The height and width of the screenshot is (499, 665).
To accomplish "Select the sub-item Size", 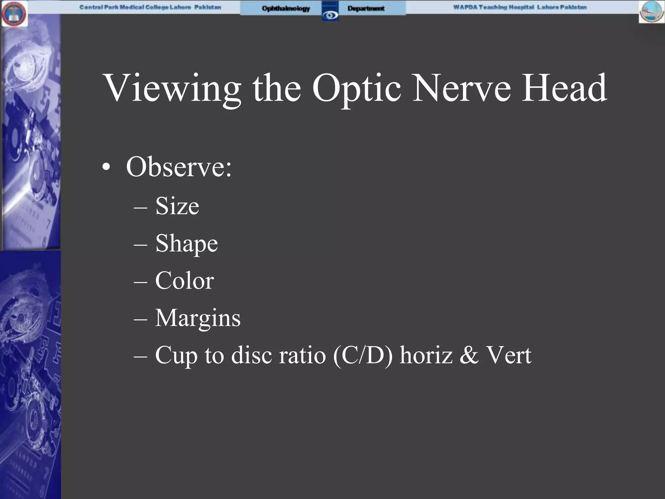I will (x=177, y=206).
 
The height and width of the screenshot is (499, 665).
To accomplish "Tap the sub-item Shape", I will (x=186, y=244).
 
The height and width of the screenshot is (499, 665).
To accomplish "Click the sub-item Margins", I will (x=198, y=318).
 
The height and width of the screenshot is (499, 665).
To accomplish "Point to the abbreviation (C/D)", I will (x=363, y=355).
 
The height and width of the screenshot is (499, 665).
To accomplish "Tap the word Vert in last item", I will (x=508, y=355).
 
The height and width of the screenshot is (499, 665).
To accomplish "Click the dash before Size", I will (x=140, y=207).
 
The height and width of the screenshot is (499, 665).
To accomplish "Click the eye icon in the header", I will (x=330, y=15).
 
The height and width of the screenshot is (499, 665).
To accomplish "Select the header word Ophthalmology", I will (x=286, y=8).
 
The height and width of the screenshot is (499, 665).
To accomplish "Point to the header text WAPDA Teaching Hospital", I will (x=494, y=7).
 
